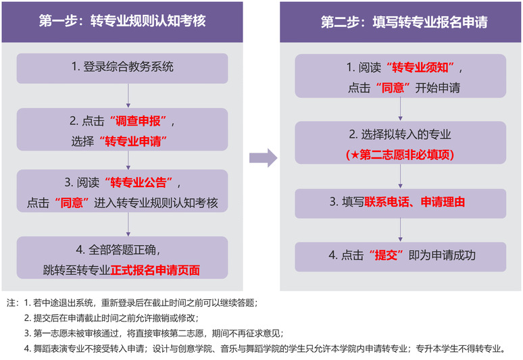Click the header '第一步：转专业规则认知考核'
point(122,21)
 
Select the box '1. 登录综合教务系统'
point(122,67)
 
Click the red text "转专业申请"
point(132,141)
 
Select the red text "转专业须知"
point(424,68)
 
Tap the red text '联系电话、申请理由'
point(415,202)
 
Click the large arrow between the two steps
point(263,158)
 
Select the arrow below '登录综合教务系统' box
point(128,95)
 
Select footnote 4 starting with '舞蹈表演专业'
point(264,349)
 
